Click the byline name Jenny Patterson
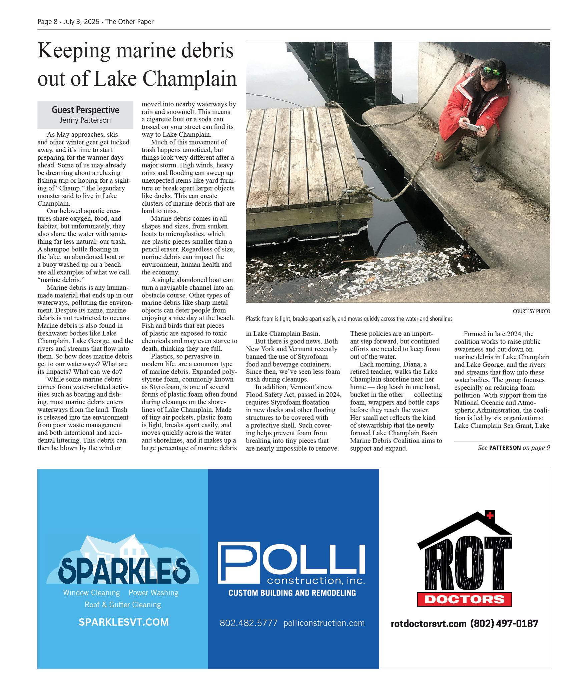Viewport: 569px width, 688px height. [x=85, y=120]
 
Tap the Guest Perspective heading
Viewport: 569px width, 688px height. [x=85, y=110]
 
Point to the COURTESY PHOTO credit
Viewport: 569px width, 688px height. [x=531, y=311]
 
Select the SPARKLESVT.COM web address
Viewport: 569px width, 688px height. [x=123, y=622]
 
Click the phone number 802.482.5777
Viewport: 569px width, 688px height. [x=248, y=623]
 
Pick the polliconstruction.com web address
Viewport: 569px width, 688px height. [x=324, y=623]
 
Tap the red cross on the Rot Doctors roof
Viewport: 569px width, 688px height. [x=490, y=516]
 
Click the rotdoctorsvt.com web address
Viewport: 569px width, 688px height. [x=428, y=624]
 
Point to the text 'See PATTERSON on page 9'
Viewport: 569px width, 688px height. [x=514, y=448]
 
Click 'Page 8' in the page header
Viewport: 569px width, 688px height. [x=47, y=22]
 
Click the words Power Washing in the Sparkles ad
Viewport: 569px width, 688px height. [x=153, y=593]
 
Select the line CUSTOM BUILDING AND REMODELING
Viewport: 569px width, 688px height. [x=292, y=593]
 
